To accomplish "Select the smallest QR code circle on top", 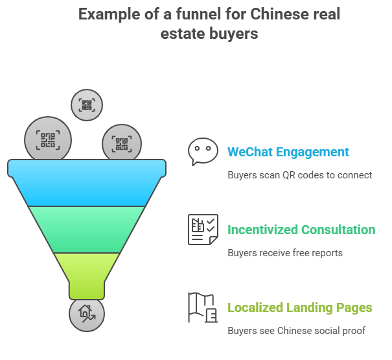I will pos(87,104).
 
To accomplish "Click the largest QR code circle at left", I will pos(47,139).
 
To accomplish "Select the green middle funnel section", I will pos(87,228).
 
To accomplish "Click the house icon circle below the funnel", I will pos(87,314).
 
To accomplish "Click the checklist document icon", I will pos(203,230).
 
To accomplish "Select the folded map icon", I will pos(203,307).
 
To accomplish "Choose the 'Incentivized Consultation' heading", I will pos(301,230).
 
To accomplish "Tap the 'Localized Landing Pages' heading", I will pos(299,307).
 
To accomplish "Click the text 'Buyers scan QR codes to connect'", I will pos(299,175).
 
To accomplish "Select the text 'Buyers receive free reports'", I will pos(284,253).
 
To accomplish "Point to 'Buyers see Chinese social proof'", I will pos(296,331).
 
